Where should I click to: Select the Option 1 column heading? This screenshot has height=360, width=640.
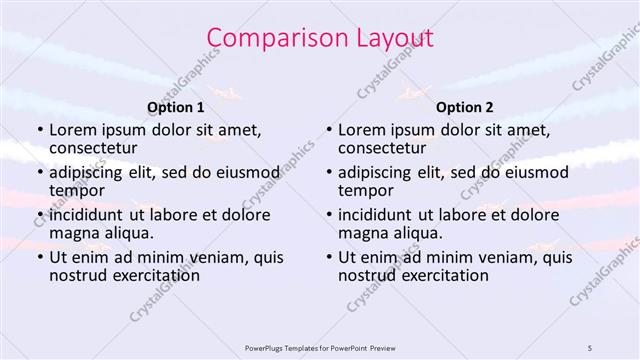point(176,107)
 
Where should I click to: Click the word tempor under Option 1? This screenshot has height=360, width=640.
point(78,190)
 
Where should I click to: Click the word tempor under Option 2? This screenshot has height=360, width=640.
point(367,190)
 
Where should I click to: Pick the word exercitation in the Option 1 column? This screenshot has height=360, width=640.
point(144,275)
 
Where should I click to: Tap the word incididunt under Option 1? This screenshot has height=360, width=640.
point(87,215)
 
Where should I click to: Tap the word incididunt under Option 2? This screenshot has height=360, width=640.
point(376,215)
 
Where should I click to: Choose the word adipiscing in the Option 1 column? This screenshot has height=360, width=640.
point(89,172)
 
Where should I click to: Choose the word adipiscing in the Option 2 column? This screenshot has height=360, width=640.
point(378,172)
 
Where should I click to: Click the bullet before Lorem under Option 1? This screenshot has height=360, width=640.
point(39,131)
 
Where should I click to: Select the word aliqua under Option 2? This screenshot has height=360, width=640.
point(416,232)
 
